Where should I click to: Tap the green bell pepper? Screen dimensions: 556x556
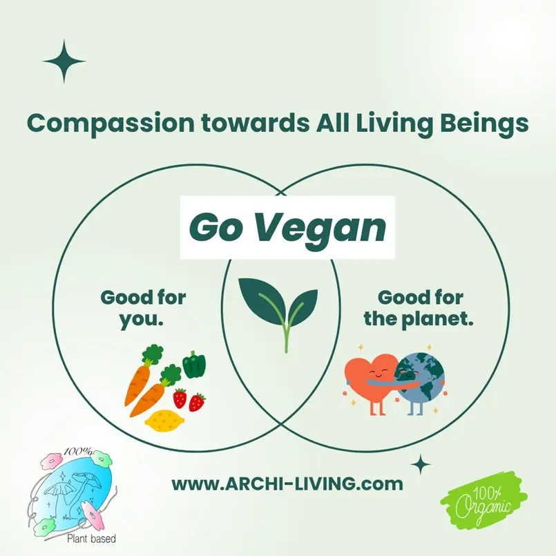(x=193, y=365)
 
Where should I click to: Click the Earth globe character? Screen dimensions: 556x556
(x=421, y=380)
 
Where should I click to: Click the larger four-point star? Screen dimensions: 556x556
(x=64, y=61)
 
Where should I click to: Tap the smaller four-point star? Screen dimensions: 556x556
(x=420, y=463)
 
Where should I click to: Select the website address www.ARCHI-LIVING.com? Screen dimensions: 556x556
(x=287, y=483)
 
